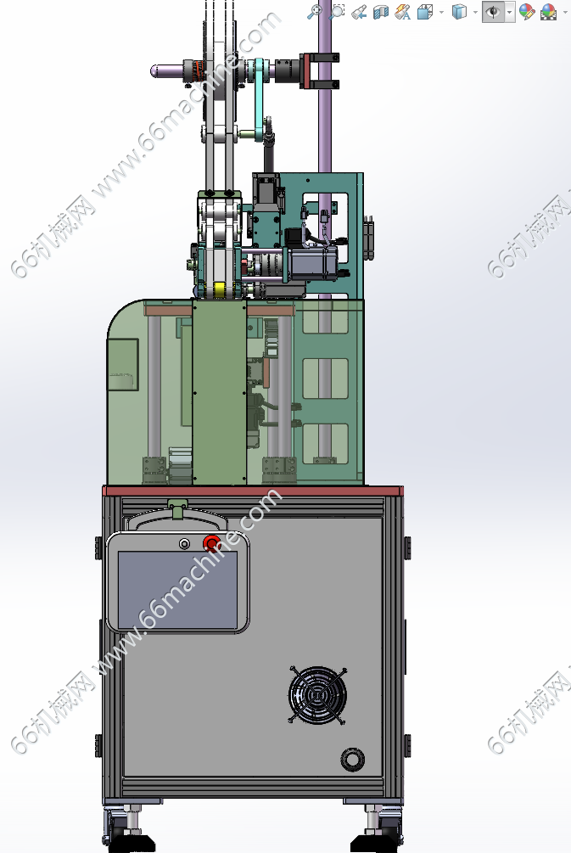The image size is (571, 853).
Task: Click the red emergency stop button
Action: pyautogui.click(x=211, y=542)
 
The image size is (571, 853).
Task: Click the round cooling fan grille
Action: pyautogui.click(x=317, y=695)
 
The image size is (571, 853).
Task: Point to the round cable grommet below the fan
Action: pyautogui.click(x=352, y=760)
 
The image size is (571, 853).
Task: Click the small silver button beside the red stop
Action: pyautogui.click(x=184, y=543)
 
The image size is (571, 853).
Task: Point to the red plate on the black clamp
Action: pyautogui.click(x=305, y=70)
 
